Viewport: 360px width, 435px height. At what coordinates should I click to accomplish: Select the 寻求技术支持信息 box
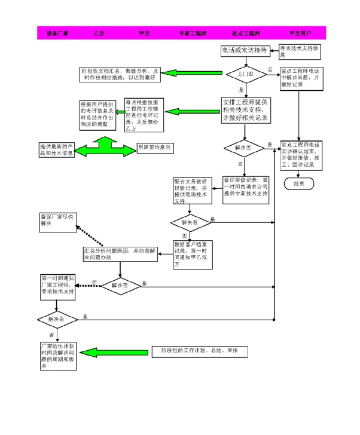301,51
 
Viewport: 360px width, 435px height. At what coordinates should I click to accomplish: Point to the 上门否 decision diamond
245,74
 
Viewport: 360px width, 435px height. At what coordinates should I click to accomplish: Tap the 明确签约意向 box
155,147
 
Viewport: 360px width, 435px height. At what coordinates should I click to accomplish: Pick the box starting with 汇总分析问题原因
120,254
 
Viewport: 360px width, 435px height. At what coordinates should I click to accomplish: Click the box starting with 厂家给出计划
57,356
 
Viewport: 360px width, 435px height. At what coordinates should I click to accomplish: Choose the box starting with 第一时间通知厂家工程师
57,286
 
